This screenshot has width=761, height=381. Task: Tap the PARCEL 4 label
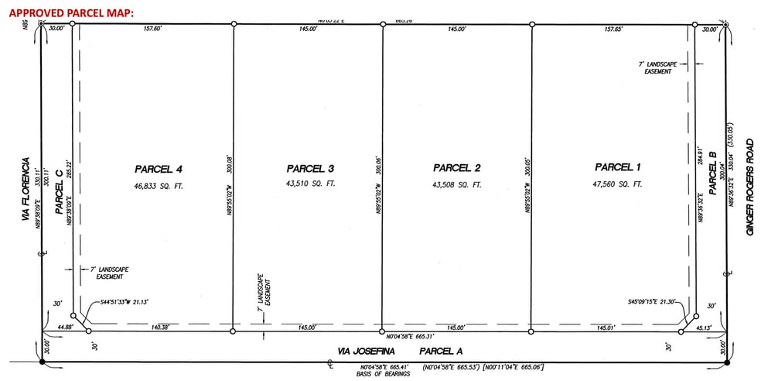pos(158,168)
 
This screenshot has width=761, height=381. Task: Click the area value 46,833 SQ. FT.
pos(158,186)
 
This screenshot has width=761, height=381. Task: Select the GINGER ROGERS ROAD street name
pos(749,187)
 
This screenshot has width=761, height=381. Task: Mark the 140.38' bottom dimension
pos(161,328)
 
